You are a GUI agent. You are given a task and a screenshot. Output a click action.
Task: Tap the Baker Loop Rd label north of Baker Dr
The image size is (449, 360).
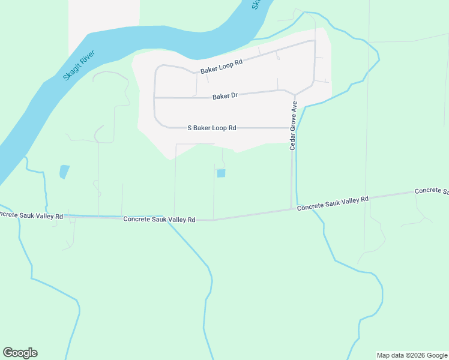pos(221,66)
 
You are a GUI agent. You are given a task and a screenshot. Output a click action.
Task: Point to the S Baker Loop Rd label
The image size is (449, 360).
pos(212,128)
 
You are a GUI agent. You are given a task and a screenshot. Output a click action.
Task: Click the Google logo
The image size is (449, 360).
pos(20,353)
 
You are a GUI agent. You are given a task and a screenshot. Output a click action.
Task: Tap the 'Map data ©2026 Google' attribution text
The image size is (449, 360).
pos(412,355)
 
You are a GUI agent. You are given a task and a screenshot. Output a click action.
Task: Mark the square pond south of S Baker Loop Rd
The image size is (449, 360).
pos(221,173)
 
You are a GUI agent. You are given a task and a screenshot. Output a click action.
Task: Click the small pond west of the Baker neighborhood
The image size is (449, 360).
pos(64,172)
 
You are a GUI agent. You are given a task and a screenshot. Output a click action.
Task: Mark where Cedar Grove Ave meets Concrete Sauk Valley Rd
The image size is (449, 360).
pos(292,209)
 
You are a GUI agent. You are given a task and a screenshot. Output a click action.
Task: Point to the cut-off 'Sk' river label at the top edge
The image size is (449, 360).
pos(256,4)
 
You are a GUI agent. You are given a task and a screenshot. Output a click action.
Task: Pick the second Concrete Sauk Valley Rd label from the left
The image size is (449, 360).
pos(159,220)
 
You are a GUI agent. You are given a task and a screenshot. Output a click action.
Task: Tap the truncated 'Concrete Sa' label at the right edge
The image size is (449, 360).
pos(432,191)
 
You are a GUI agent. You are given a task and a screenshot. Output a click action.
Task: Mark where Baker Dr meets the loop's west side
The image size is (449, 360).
pos(155,98)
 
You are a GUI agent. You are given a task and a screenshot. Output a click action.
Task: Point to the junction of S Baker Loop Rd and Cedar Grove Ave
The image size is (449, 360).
pos(292,128)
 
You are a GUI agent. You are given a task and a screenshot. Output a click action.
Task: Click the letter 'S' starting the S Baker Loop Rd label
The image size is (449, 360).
pos(190,128)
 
